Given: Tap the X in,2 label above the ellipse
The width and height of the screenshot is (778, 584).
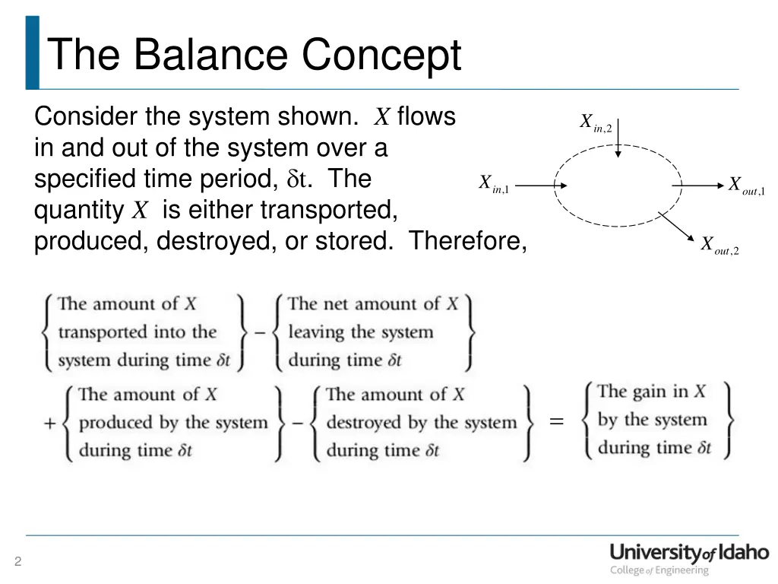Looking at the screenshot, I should click(x=596, y=122).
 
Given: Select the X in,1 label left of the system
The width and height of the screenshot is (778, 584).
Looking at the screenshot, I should click(x=495, y=184).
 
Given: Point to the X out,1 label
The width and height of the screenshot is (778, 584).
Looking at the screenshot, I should click(x=747, y=186).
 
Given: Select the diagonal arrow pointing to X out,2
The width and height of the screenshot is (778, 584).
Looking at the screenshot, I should click(x=675, y=227).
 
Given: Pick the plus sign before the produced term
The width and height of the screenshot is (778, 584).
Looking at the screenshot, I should click(x=49, y=423).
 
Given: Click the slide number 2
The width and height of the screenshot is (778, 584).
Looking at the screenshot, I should click(x=17, y=562).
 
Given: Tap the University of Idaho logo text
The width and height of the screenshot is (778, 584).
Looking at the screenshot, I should click(x=689, y=553).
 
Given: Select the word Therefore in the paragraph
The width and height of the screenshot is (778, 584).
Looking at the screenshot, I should click(x=467, y=241).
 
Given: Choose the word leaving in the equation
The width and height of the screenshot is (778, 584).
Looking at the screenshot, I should click(x=317, y=332).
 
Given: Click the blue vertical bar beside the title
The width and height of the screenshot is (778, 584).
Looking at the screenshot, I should click(x=32, y=52).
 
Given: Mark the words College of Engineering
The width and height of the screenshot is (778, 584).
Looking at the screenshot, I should click(x=659, y=570).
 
